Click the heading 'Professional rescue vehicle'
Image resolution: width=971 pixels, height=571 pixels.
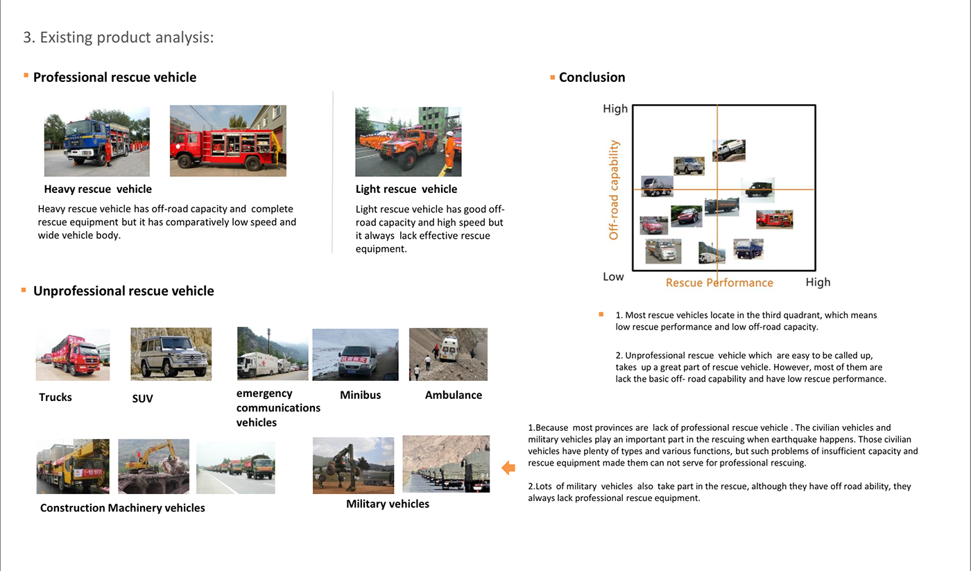(x=114, y=78)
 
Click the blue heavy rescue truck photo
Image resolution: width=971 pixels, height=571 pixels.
(x=96, y=142)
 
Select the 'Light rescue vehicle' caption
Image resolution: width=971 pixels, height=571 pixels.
(x=406, y=189)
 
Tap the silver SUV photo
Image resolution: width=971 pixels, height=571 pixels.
(x=171, y=353)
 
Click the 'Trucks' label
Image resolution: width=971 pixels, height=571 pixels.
(x=55, y=398)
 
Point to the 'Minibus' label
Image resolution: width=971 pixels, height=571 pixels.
(x=360, y=395)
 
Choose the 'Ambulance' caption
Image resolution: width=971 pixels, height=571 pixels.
(x=453, y=395)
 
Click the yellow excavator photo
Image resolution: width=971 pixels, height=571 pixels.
(x=153, y=466)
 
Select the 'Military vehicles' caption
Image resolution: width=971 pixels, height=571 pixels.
(x=387, y=504)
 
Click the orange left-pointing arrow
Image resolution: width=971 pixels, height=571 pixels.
(x=508, y=468)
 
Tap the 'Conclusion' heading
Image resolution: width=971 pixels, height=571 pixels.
(x=592, y=78)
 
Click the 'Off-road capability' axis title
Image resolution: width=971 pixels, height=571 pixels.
(x=614, y=190)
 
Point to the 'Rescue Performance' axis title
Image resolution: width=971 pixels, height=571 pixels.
(x=719, y=283)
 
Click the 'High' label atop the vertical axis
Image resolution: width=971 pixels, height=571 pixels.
(x=615, y=109)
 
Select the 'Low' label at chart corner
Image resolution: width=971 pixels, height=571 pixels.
(x=613, y=277)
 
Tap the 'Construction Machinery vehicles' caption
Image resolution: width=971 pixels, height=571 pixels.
(x=122, y=509)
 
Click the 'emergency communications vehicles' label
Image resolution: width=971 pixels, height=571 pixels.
(x=277, y=408)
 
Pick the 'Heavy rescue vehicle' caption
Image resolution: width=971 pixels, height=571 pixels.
(x=98, y=189)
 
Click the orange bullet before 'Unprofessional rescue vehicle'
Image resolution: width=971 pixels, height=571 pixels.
(x=24, y=289)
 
